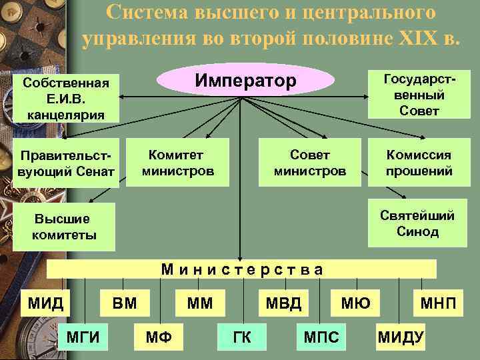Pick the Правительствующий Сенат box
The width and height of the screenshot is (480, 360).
tap(66, 164)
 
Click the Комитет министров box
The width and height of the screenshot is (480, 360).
tap(178, 163)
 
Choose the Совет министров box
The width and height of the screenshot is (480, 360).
tap(310, 163)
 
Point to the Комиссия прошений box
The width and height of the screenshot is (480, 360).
tap(419, 163)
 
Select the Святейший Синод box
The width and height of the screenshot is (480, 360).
tap(418, 223)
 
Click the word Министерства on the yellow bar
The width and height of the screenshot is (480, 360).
tap(243, 269)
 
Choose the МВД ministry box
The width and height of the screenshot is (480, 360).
tap(283, 304)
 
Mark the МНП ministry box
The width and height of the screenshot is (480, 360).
tap(438, 304)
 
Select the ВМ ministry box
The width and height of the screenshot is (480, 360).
tap(124, 304)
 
